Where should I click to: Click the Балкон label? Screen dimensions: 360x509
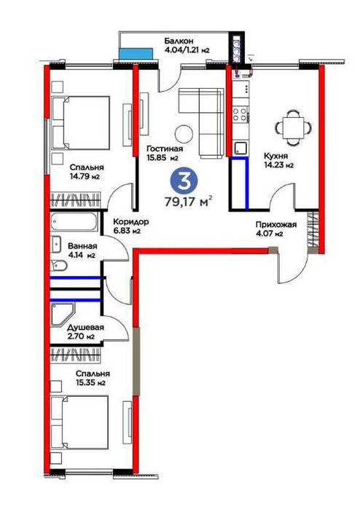[179, 41]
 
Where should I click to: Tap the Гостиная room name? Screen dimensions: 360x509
[165, 149]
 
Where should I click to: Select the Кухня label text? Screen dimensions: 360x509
[275, 156]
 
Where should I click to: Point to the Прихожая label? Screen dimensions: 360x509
[276, 224]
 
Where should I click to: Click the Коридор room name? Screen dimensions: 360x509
[131, 221]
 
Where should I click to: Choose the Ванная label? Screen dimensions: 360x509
[82, 246]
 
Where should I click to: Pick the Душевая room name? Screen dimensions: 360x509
[86, 327]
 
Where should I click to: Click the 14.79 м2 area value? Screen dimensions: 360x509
[85, 177]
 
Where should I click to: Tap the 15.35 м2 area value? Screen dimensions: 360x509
[90, 383]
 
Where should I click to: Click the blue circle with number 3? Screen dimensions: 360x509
[184, 181]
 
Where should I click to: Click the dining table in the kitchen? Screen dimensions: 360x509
[293, 127]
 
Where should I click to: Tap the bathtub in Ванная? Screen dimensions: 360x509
[74, 222]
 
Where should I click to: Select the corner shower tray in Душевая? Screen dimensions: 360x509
[63, 315]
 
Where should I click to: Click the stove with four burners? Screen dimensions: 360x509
[240, 114]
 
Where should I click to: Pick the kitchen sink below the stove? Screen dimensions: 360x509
[240, 148]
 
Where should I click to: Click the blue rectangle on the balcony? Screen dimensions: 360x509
[136, 54]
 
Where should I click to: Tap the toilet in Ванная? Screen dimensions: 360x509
[59, 267]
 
